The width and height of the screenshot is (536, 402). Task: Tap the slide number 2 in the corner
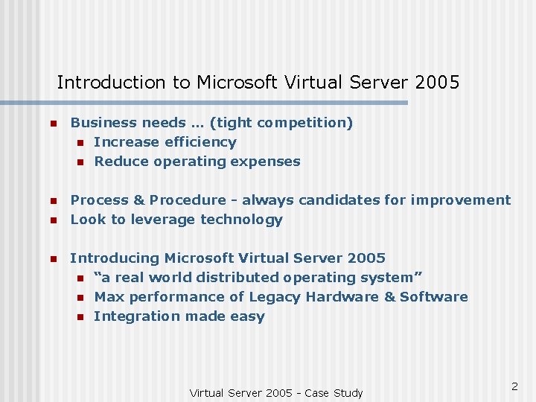514,386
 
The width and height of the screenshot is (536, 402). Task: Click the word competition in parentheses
304,123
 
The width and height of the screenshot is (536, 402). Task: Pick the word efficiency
201,142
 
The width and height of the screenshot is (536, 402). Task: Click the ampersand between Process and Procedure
139,200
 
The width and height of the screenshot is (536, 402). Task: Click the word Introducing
115,258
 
